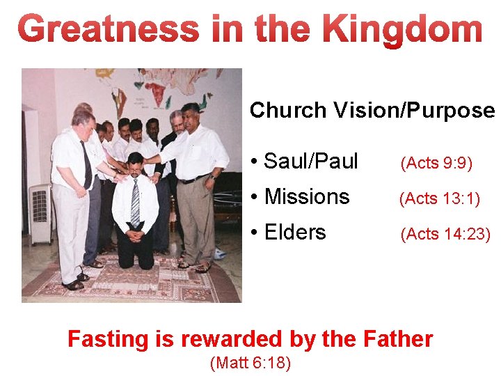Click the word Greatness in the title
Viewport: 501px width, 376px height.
click(108, 30)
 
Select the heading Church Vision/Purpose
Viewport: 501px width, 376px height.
click(372, 110)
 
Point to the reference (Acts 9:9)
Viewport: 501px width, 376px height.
click(436, 163)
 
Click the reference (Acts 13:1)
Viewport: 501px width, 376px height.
click(439, 199)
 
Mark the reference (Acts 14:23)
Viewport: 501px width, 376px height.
click(445, 235)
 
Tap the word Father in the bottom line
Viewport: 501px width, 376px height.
click(398, 339)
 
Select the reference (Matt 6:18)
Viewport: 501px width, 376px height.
click(250, 363)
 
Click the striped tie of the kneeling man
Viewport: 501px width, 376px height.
click(135, 202)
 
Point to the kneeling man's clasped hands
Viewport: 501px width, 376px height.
click(135, 235)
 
